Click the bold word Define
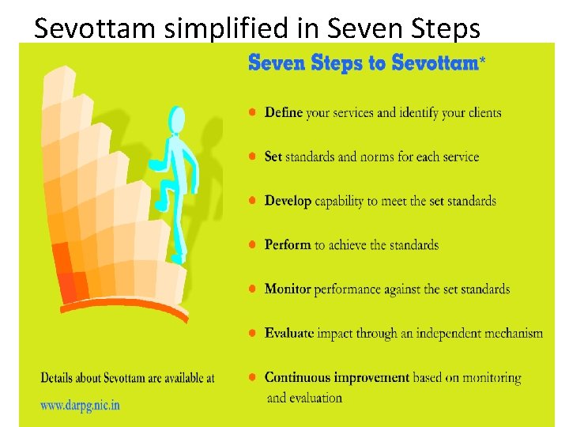click(284, 112)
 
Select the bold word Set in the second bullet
click(273, 157)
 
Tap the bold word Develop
click(288, 201)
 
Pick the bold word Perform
click(288, 245)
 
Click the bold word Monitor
click(288, 289)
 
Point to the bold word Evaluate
click(289, 334)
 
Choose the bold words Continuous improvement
click(337, 378)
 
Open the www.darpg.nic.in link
click(81, 405)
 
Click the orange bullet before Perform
click(252, 245)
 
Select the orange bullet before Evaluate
click(252, 334)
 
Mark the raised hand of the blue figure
click(195, 145)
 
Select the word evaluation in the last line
click(315, 398)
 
